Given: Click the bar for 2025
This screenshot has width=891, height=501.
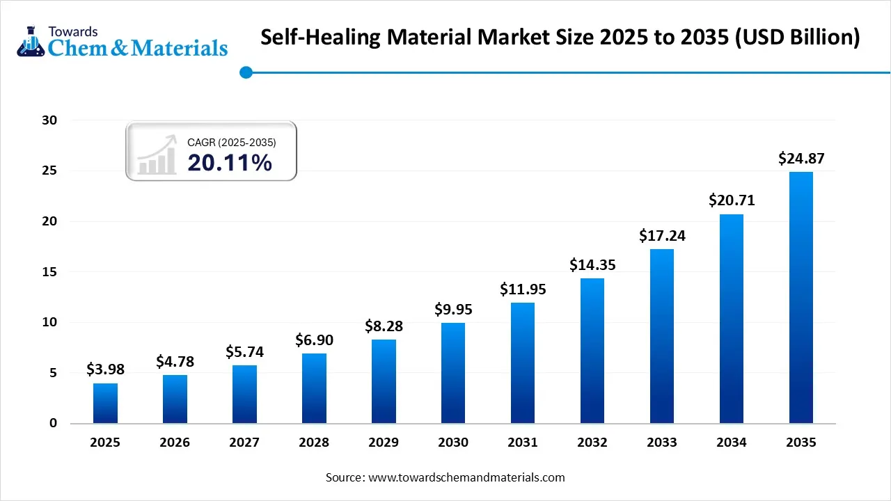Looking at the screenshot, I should (x=105, y=403).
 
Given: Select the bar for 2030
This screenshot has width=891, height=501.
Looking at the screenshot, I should (x=453, y=373).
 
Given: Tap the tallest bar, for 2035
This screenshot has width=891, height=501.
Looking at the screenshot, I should (x=801, y=297).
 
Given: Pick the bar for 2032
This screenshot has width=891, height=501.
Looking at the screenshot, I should (x=592, y=351).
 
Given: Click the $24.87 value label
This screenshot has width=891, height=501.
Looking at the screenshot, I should (x=801, y=159).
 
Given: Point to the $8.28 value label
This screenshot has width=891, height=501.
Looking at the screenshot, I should (x=384, y=326).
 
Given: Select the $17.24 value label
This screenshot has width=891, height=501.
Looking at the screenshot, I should (x=662, y=236).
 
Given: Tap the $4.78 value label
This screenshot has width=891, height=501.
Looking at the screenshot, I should (x=175, y=361).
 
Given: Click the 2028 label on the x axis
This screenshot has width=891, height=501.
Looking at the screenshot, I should (x=314, y=443).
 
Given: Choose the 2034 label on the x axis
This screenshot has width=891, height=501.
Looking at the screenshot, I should (x=732, y=443).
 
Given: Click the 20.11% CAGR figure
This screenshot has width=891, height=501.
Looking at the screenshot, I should (x=230, y=163).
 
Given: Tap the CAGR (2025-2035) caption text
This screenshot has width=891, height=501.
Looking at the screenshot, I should (x=231, y=142).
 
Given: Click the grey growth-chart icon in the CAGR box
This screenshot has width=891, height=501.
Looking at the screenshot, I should (x=156, y=157).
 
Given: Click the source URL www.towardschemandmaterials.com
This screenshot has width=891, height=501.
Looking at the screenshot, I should (x=466, y=478).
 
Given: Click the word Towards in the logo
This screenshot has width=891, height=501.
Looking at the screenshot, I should (x=73, y=31).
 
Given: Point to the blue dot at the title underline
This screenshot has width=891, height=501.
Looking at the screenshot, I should (x=245, y=72).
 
